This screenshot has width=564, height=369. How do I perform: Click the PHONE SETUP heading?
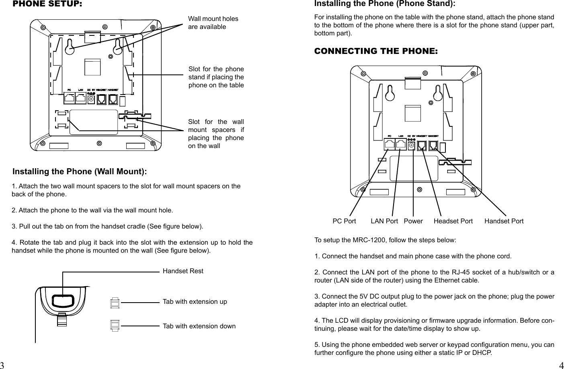point(47,4)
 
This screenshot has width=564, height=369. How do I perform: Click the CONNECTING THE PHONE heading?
point(376,51)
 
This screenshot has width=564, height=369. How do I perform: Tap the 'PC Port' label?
point(344,221)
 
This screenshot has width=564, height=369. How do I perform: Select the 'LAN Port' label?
point(384,221)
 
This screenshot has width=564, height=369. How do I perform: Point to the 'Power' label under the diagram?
point(413,221)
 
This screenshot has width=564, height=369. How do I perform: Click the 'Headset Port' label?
point(453,221)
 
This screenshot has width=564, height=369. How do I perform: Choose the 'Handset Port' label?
point(504,221)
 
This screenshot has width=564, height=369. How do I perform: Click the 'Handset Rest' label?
point(183,271)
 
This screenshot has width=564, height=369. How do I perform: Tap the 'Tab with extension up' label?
point(195,301)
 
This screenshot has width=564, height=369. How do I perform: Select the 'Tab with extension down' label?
point(199,326)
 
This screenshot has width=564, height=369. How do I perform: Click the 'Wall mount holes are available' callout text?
point(213,23)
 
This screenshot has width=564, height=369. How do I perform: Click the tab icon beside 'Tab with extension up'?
point(115,303)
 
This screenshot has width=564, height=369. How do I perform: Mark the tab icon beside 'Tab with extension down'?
point(115,325)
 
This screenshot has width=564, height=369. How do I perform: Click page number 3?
point(2,365)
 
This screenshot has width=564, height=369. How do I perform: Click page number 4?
point(561,365)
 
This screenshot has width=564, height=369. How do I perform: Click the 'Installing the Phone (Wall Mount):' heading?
point(80,172)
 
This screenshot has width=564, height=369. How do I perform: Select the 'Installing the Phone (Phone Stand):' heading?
point(384,4)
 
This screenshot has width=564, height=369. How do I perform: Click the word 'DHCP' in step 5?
point(482,353)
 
